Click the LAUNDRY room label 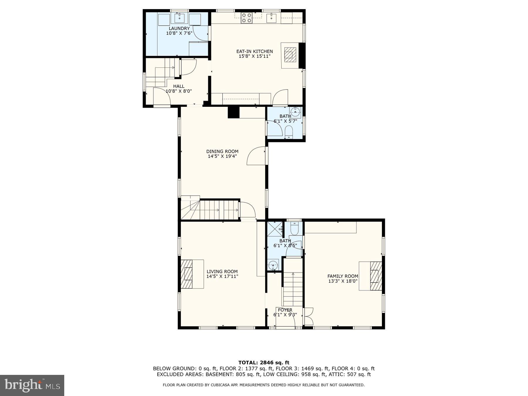[179, 28]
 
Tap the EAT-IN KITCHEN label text [254, 51]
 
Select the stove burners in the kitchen [246, 18]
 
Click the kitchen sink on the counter [271, 18]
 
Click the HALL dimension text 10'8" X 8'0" [179, 91]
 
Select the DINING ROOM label [222, 151]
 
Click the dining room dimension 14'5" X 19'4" [222, 156]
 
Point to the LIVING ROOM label [222, 271]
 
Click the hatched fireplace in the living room [187, 274]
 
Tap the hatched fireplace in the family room [376, 276]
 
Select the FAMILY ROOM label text [343, 276]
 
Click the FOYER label [285, 310]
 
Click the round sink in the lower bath [273, 265]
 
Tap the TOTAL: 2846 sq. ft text [263, 363]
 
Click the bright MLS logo [32, 385]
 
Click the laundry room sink [179, 18]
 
